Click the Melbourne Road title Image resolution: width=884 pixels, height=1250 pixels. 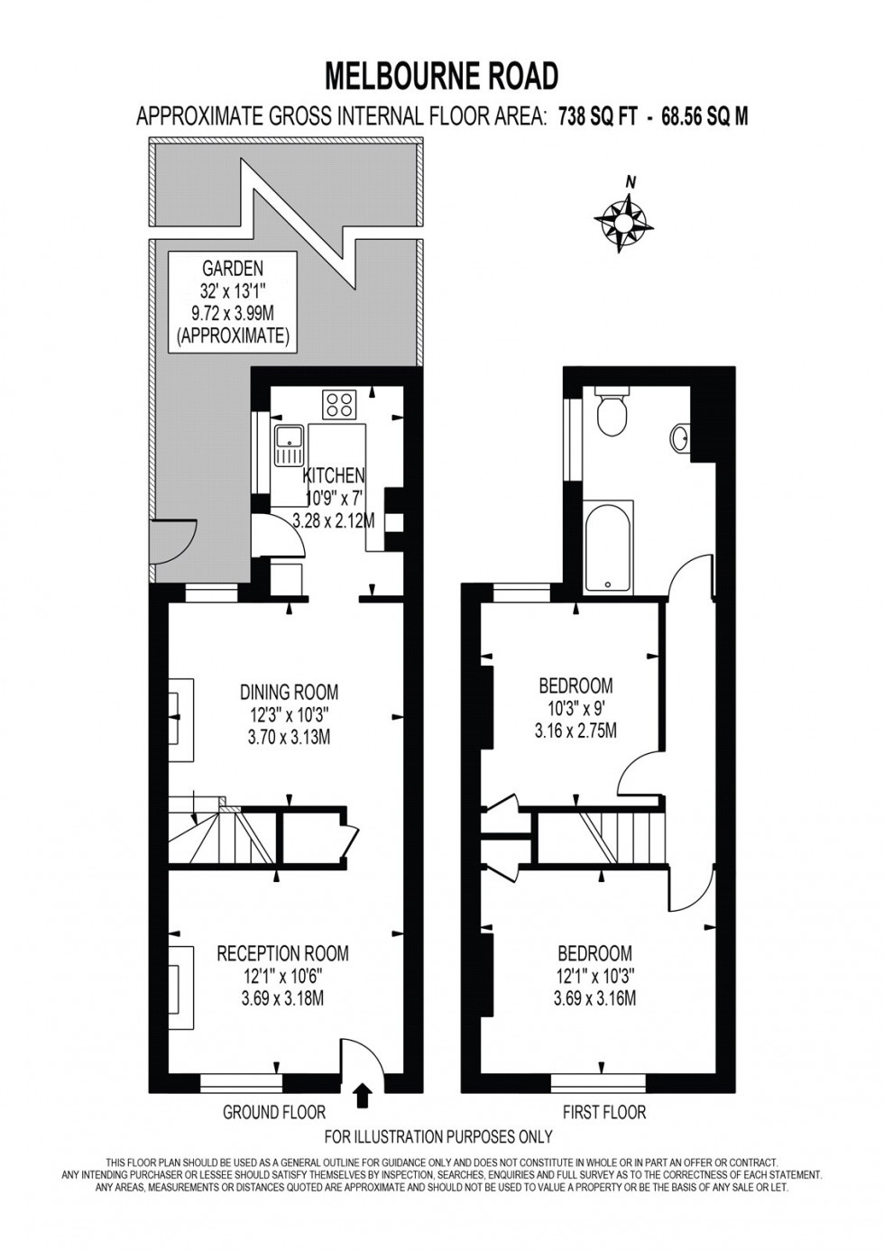click(x=441, y=76)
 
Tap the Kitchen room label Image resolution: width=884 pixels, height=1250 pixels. click(x=334, y=475)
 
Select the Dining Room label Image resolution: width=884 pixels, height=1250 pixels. click(x=289, y=693)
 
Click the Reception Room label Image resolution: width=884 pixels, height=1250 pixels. click(x=282, y=953)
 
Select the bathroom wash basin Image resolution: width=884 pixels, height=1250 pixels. click(x=683, y=438)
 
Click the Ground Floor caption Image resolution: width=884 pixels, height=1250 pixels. click(x=274, y=1112)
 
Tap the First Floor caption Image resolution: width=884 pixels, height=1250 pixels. click(x=604, y=1112)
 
